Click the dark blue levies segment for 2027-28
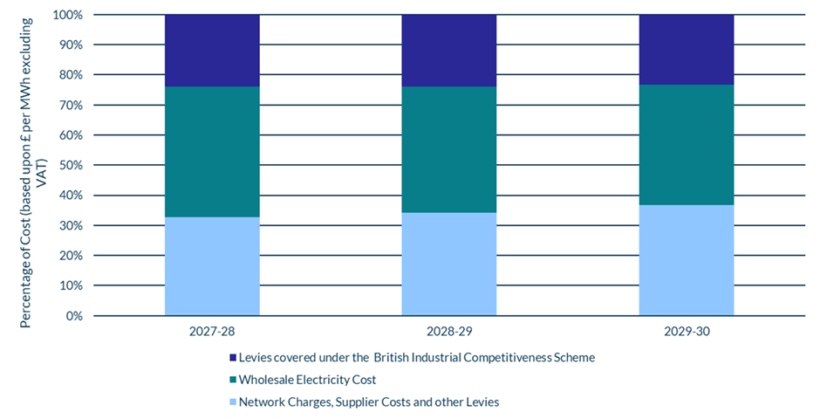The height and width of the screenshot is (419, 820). tap(212, 51)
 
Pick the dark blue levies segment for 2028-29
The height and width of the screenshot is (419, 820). tap(448, 51)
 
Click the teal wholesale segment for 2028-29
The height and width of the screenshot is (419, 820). tap(448, 149)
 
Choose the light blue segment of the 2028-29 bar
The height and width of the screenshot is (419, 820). tap(448, 264)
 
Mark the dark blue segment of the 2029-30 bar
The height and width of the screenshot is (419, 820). tap(686, 50)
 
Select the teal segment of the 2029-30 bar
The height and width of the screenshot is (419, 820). tap(686, 145)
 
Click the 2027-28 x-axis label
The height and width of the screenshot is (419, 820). tap(212, 333)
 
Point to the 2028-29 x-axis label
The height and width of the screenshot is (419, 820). tap(448, 333)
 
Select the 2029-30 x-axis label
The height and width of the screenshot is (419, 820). tap(686, 333)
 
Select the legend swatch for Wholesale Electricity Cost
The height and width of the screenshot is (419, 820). tap(232, 381)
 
